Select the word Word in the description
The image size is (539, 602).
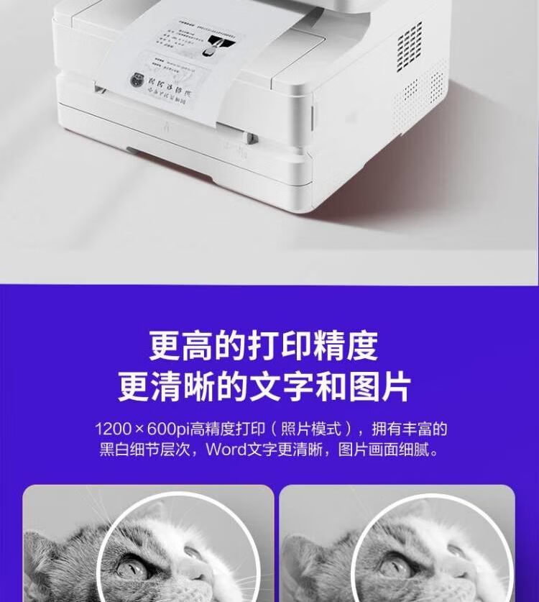(x=225, y=451)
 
